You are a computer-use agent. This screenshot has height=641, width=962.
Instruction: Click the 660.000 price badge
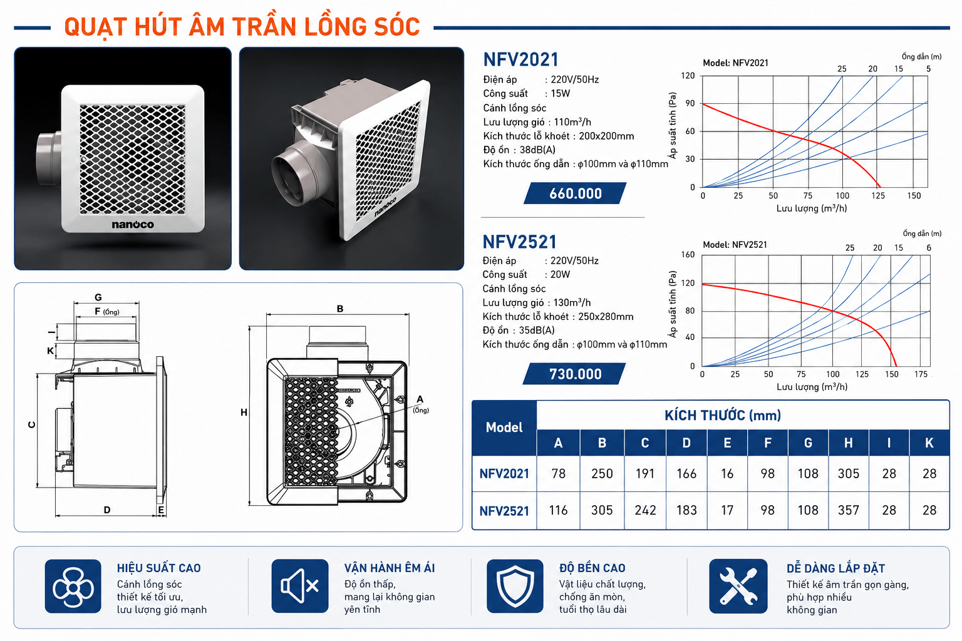(575, 193)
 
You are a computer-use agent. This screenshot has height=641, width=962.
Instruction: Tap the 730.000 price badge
(574, 374)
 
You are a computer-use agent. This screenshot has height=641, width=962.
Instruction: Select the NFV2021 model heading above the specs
(520, 59)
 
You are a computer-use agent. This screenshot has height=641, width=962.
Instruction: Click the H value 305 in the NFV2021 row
(848, 473)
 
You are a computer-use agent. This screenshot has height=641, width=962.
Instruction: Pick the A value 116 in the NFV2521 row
(558, 510)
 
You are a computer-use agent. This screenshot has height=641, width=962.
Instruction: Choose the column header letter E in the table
(727, 443)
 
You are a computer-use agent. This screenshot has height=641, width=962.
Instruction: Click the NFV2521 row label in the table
(504, 511)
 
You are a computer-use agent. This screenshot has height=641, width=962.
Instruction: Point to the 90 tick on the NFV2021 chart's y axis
(690, 103)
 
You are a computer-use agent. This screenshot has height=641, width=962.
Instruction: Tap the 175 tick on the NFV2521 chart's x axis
(921, 374)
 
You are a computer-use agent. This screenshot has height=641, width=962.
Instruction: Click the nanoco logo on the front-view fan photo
(133, 225)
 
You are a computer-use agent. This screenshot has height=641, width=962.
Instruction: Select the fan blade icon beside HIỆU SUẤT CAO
(73, 586)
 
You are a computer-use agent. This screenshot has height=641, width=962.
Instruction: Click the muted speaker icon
(300, 586)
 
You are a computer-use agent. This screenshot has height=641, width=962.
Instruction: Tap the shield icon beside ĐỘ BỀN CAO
(515, 586)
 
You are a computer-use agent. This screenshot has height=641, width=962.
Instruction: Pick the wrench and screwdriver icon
(738, 586)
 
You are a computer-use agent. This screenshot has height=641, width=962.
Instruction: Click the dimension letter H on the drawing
(244, 413)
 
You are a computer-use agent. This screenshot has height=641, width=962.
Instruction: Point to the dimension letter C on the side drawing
(32, 424)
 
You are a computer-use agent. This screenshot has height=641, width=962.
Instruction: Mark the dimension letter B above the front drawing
(339, 309)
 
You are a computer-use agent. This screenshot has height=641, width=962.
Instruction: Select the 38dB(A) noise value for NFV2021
(537, 150)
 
